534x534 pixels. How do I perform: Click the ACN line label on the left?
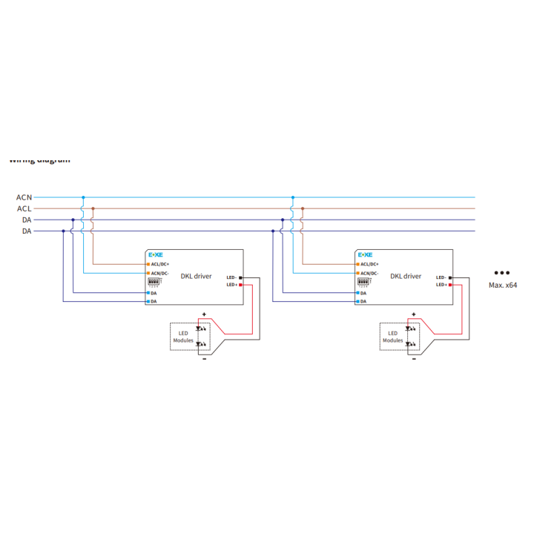(24, 197)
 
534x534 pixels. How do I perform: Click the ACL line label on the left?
(24, 208)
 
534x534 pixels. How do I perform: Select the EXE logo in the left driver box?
(156, 254)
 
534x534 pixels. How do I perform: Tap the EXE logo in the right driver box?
(366, 254)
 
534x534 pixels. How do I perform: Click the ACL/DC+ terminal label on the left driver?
(159, 264)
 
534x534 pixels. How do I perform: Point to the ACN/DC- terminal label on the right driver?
(369, 274)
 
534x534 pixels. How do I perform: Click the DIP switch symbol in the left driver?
(154, 283)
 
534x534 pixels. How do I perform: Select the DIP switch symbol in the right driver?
(363, 283)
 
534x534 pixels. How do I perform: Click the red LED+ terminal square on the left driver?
(240, 285)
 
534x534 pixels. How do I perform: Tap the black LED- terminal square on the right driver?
(449, 277)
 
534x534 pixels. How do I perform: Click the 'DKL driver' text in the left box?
(196, 276)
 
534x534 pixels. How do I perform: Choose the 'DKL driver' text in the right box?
(406, 276)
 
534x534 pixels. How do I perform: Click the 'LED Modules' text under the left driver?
(183, 337)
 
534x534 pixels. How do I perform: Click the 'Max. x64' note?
(502, 285)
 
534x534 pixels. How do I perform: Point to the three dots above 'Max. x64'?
(501, 273)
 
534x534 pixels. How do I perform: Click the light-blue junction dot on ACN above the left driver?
(83, 197)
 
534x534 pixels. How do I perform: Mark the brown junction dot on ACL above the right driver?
(303, 208)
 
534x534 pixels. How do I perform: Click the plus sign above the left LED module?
(204, 314)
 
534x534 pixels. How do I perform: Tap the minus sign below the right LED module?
(414, 359)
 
